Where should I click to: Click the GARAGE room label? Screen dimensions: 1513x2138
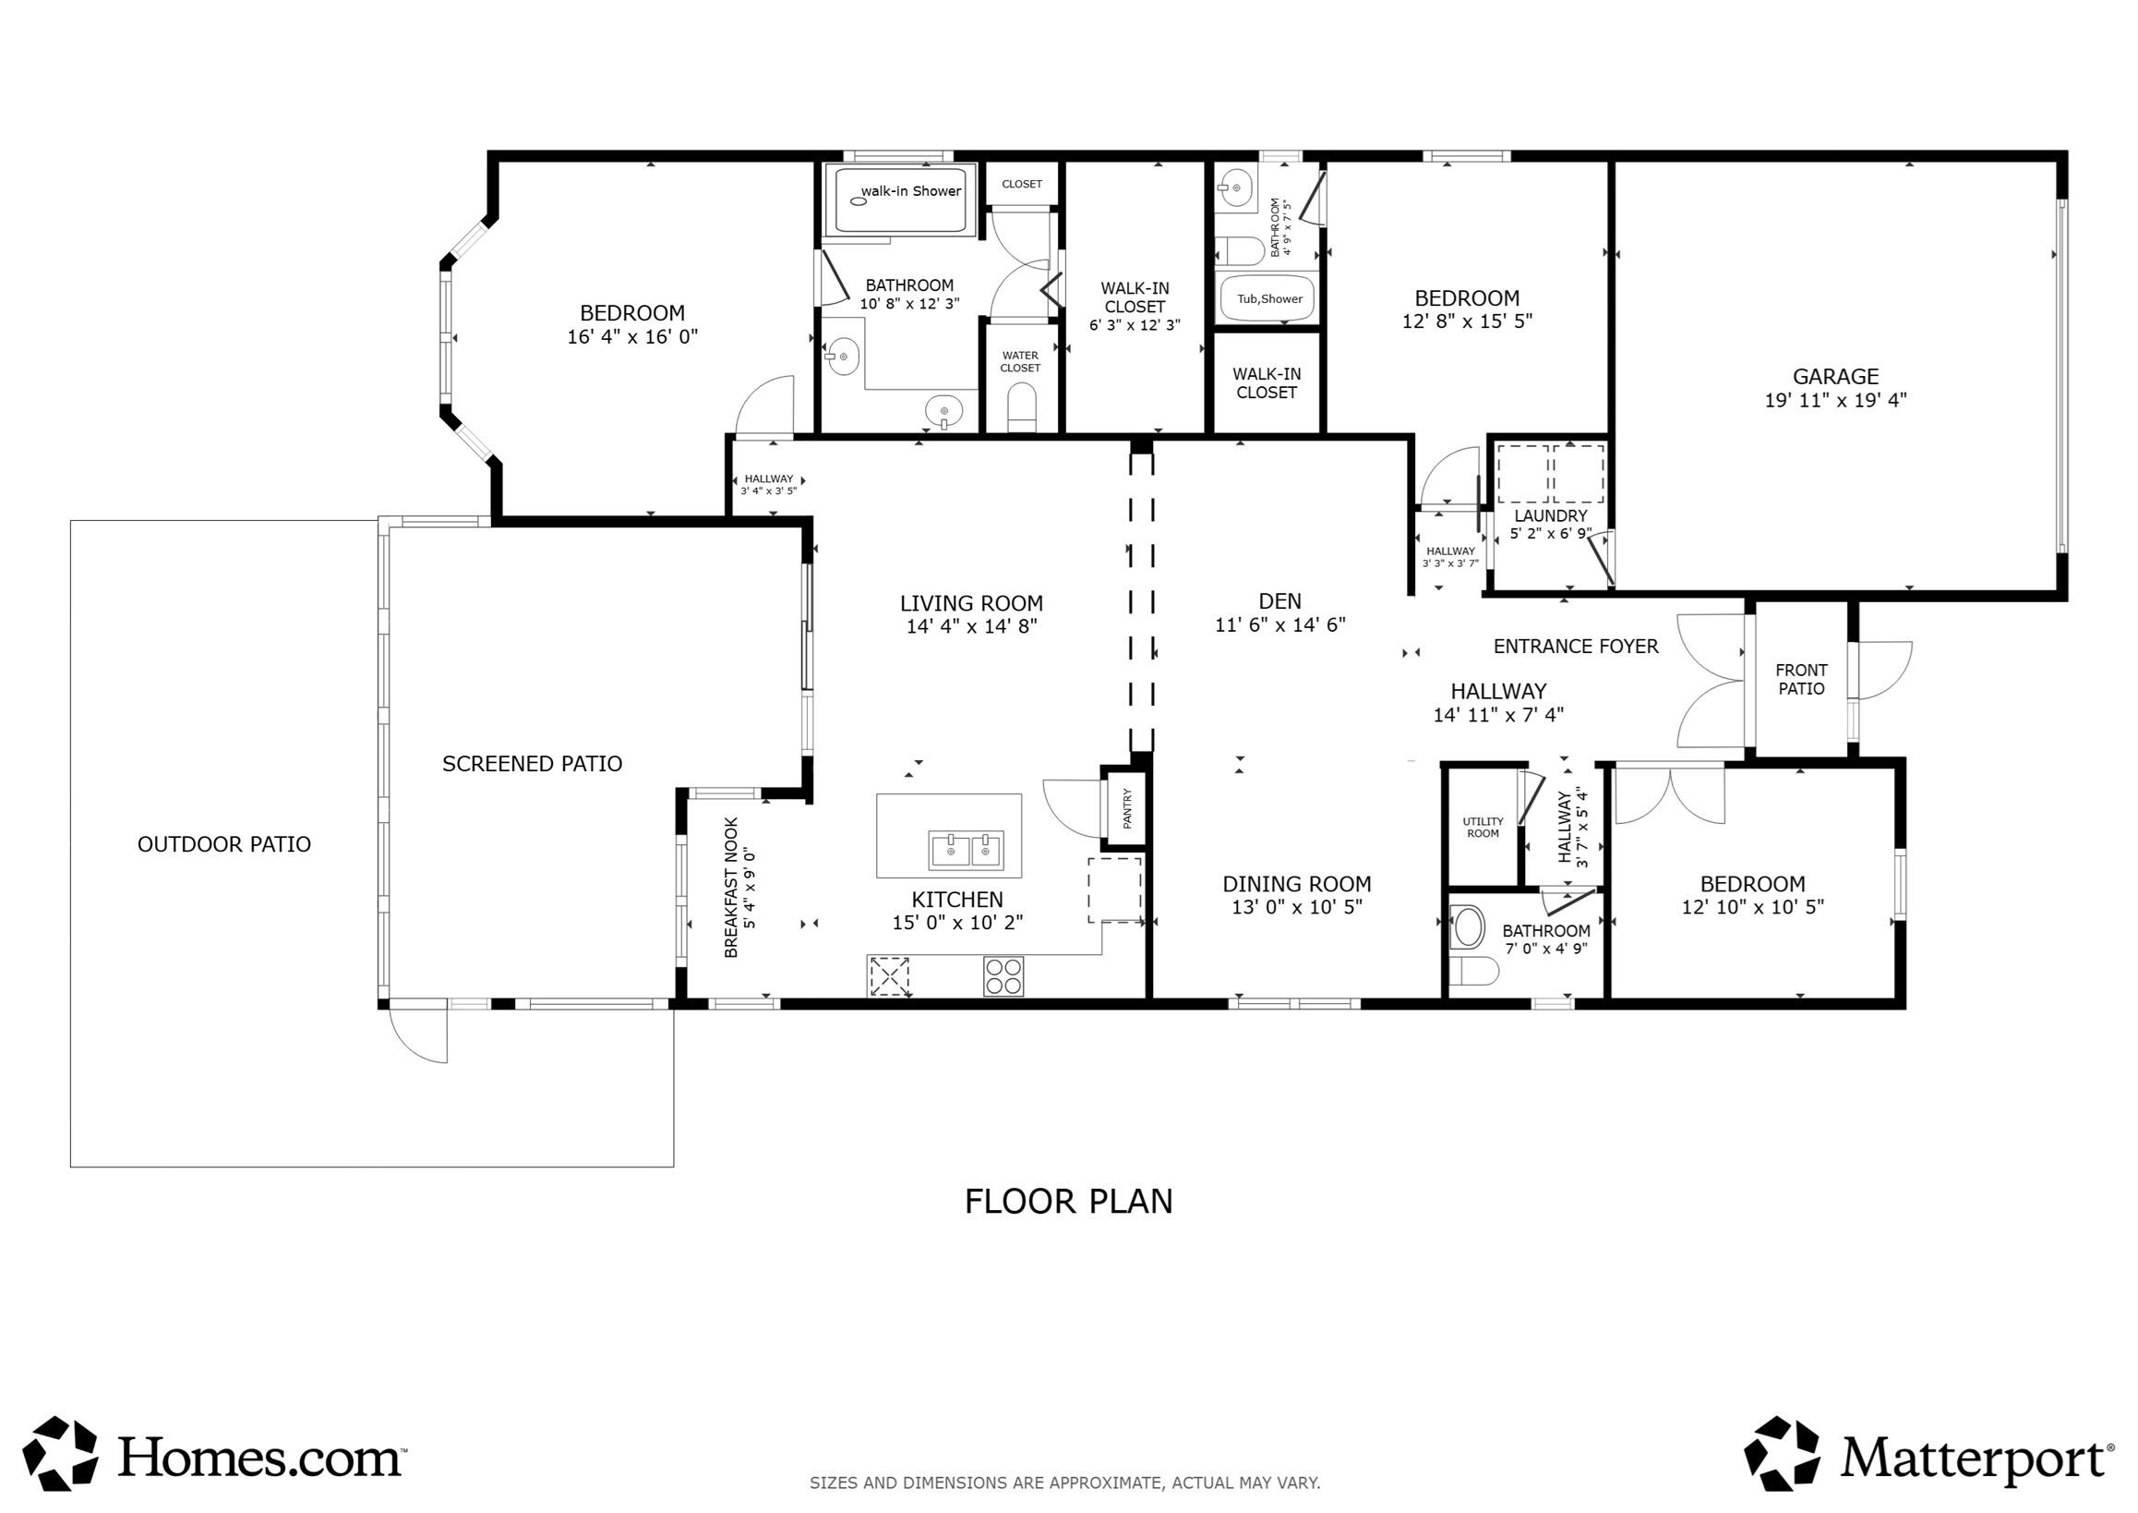[1834, 376]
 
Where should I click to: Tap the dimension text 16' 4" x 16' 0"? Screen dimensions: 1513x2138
[632, 337]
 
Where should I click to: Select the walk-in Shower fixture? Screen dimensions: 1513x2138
[900, 200]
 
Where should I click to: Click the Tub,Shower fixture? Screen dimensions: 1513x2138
[1268, 299]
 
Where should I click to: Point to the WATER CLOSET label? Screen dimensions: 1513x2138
[1020, 361]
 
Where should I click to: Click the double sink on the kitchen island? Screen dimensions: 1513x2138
[965, 850]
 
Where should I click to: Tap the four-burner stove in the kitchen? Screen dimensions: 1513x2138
[1003, 976]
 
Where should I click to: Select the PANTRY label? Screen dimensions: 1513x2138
[1127, 807]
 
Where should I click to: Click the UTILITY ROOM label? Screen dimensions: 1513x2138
[1483, 828]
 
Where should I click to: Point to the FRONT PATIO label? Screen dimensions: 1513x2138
[1801, 679]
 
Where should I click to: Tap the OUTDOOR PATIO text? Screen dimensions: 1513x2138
[223, 844]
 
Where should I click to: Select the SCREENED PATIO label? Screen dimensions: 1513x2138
[532, 764]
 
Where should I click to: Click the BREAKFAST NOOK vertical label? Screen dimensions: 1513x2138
[731, 887]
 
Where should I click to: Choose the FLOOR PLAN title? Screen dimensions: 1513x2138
[1068, 1202]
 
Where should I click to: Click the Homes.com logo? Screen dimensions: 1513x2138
[214, 1454]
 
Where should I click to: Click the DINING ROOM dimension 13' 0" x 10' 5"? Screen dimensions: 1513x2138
[1296, 907]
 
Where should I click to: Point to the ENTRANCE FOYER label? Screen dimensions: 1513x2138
[1576, 647]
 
